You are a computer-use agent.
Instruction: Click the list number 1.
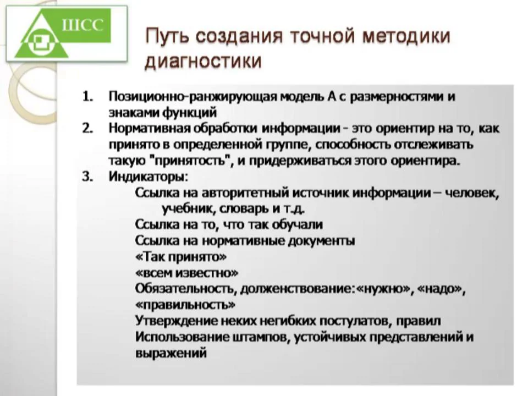click(88, 96)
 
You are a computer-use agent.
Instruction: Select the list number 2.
click(88, 129)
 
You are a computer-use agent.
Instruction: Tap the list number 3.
click(88, 178)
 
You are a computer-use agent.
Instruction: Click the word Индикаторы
click(148, 178)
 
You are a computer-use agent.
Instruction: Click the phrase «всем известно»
click(186, 273)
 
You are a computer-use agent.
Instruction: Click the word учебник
click(185, 209)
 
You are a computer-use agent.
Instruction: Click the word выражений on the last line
click(170, 353)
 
